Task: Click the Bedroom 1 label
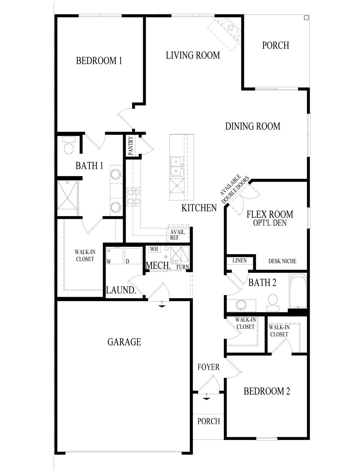[99, 61]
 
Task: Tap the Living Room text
[193, 55]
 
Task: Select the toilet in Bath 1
[69, 146]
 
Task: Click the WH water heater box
[154, 249]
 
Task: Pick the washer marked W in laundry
[115, 256]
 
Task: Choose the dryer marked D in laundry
[133, 256]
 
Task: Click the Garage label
[124, 342]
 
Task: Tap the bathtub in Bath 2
[298, 292]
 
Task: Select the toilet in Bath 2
[273, 302]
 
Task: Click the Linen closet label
[240, 261]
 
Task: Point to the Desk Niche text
[282, 261]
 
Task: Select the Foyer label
[209, 367]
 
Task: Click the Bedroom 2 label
[267, 391]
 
